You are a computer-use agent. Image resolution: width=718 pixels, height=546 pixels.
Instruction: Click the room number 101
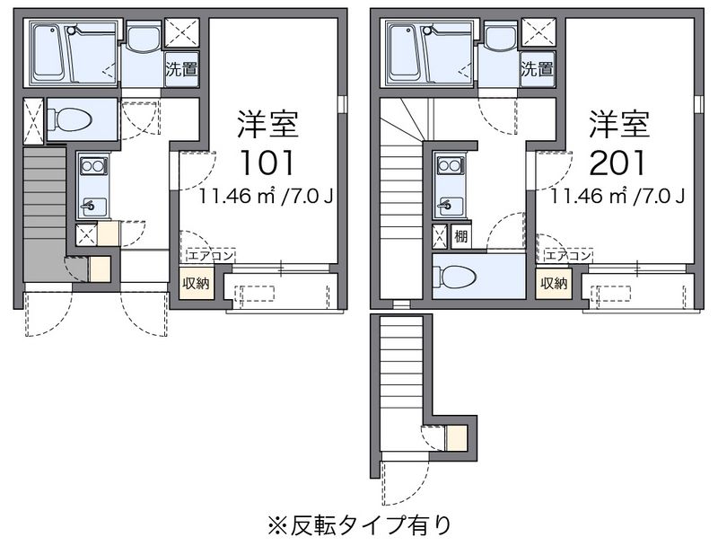coord(267,163)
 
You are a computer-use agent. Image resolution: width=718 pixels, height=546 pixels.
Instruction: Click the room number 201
coord(617,163)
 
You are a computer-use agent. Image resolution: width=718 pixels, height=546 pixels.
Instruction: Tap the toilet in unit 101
coord(70,119)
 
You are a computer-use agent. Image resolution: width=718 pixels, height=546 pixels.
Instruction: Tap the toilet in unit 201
coord(455,277)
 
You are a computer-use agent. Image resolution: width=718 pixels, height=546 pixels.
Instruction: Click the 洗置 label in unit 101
coord(182,70)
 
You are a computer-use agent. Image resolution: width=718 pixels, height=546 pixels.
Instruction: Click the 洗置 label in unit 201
coord(538,70)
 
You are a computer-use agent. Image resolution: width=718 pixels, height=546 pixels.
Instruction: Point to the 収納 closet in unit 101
coord(196,283)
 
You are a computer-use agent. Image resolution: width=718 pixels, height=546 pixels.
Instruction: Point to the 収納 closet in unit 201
coord(554,283)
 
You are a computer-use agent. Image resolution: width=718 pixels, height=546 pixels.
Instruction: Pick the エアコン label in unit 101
coord(211,256)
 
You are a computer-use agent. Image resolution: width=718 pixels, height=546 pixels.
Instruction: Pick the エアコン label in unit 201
coord(568,256)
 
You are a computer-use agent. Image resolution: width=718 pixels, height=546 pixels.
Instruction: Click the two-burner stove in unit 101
coord(93,165)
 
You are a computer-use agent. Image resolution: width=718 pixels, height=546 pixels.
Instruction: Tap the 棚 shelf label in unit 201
coord(461,236)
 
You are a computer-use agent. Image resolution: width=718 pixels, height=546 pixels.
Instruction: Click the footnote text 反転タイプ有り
coord(372,525)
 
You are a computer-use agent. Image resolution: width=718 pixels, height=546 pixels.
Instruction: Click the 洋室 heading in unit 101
coord(267,124)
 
